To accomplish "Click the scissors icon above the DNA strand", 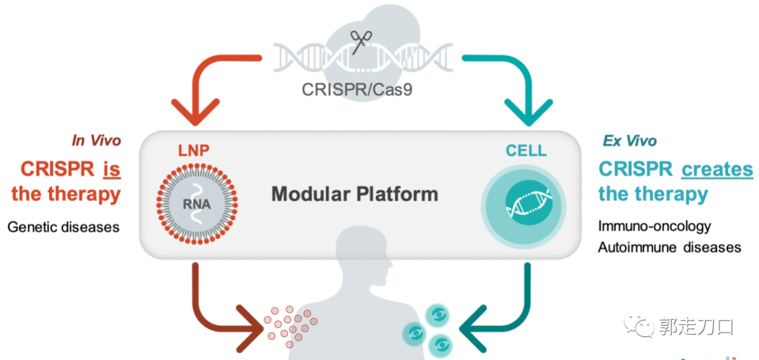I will (x=359, y=41).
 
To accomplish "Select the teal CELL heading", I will (x=526, y=150).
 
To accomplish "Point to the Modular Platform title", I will (x=355, y=193).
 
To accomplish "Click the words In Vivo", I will (x=96, y=141).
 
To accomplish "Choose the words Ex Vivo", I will (x=630, y=141).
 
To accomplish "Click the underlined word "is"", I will (x=111, y=169).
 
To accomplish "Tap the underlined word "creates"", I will (x=717, y=169).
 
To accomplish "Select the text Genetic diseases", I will (x=64, y=227).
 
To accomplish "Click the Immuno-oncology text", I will (x=654, y=226).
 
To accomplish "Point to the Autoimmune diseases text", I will (x=669, y=247).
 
